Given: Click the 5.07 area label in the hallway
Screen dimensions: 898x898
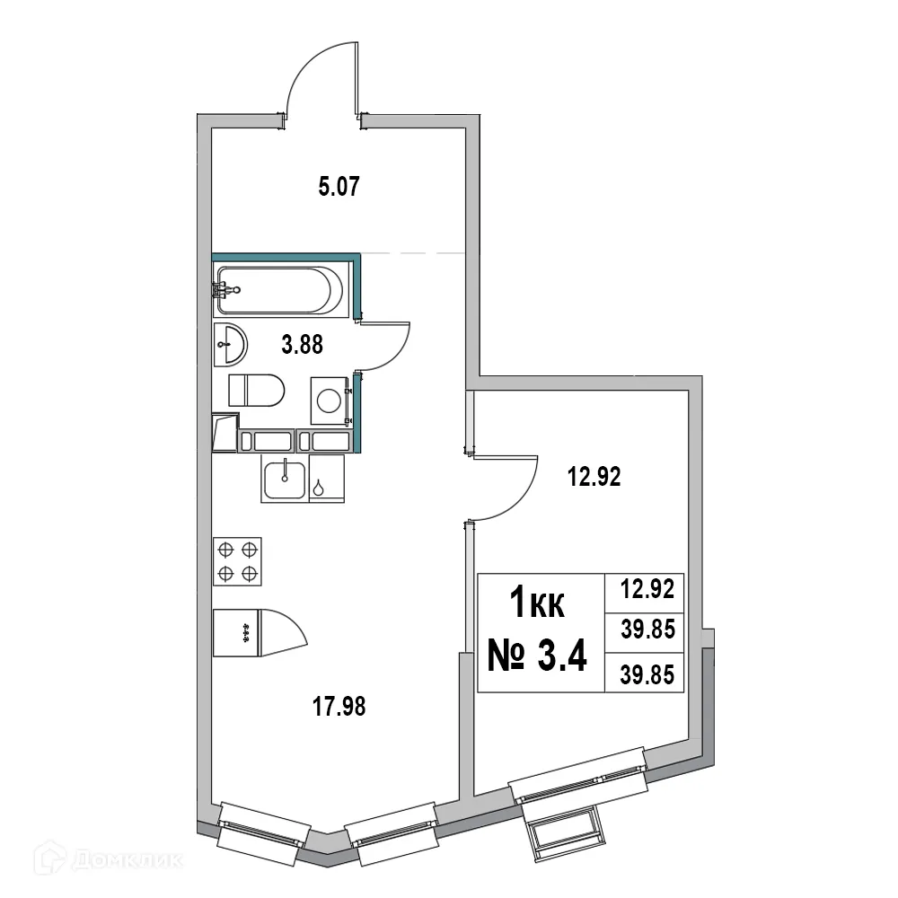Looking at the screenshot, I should tap(339, 189).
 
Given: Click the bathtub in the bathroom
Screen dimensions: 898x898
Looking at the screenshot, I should tap(277, 289).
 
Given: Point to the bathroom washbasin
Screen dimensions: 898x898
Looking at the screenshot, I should tap(231, 343).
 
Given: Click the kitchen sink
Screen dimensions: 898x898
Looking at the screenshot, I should tap(286, 479).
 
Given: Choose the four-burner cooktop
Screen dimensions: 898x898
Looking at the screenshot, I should tap(237, 560).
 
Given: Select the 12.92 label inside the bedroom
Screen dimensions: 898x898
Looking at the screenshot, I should tap(594, 478).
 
